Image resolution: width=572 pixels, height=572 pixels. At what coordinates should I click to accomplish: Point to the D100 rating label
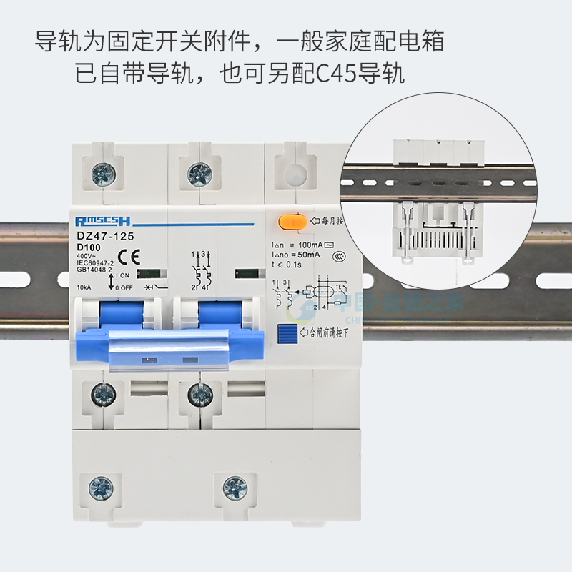tap(88, 247)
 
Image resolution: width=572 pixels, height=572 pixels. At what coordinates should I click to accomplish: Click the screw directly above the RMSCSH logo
tap(102, 172)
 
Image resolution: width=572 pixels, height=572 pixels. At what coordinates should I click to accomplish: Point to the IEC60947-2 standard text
tap(94, 262)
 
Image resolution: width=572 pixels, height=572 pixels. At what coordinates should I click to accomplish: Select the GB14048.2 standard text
tap(94, 270)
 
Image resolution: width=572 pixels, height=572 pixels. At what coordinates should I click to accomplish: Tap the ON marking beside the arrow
tap(124, 275)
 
